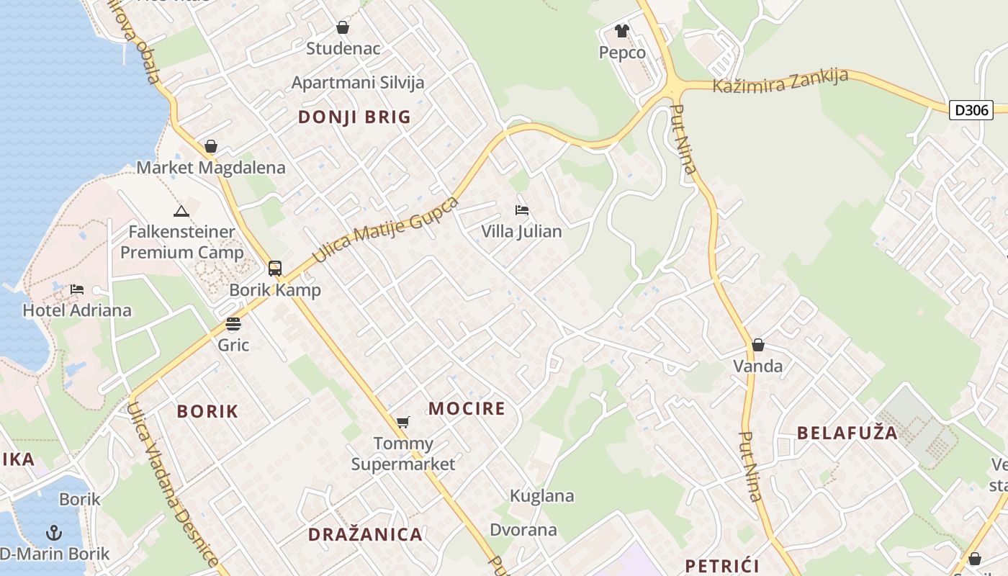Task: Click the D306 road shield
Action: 972,110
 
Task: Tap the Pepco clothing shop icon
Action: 622,31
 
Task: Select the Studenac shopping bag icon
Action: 343,27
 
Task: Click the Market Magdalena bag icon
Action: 211,146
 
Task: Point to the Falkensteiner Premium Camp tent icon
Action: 181,211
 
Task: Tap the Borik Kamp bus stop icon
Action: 275,269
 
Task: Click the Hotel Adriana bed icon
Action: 77,289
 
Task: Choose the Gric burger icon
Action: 233,324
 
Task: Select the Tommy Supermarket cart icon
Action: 402,422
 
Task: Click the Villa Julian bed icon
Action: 522,210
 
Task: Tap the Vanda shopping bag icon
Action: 757,345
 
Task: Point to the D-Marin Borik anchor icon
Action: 54,533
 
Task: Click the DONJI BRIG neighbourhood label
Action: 354,117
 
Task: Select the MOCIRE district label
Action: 467,409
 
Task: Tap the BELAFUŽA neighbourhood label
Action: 847,433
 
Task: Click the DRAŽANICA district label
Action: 365,534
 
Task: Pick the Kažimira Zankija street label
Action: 780,81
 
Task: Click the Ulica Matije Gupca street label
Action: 385,229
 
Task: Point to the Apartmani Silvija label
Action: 358,82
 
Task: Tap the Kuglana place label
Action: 542,495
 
